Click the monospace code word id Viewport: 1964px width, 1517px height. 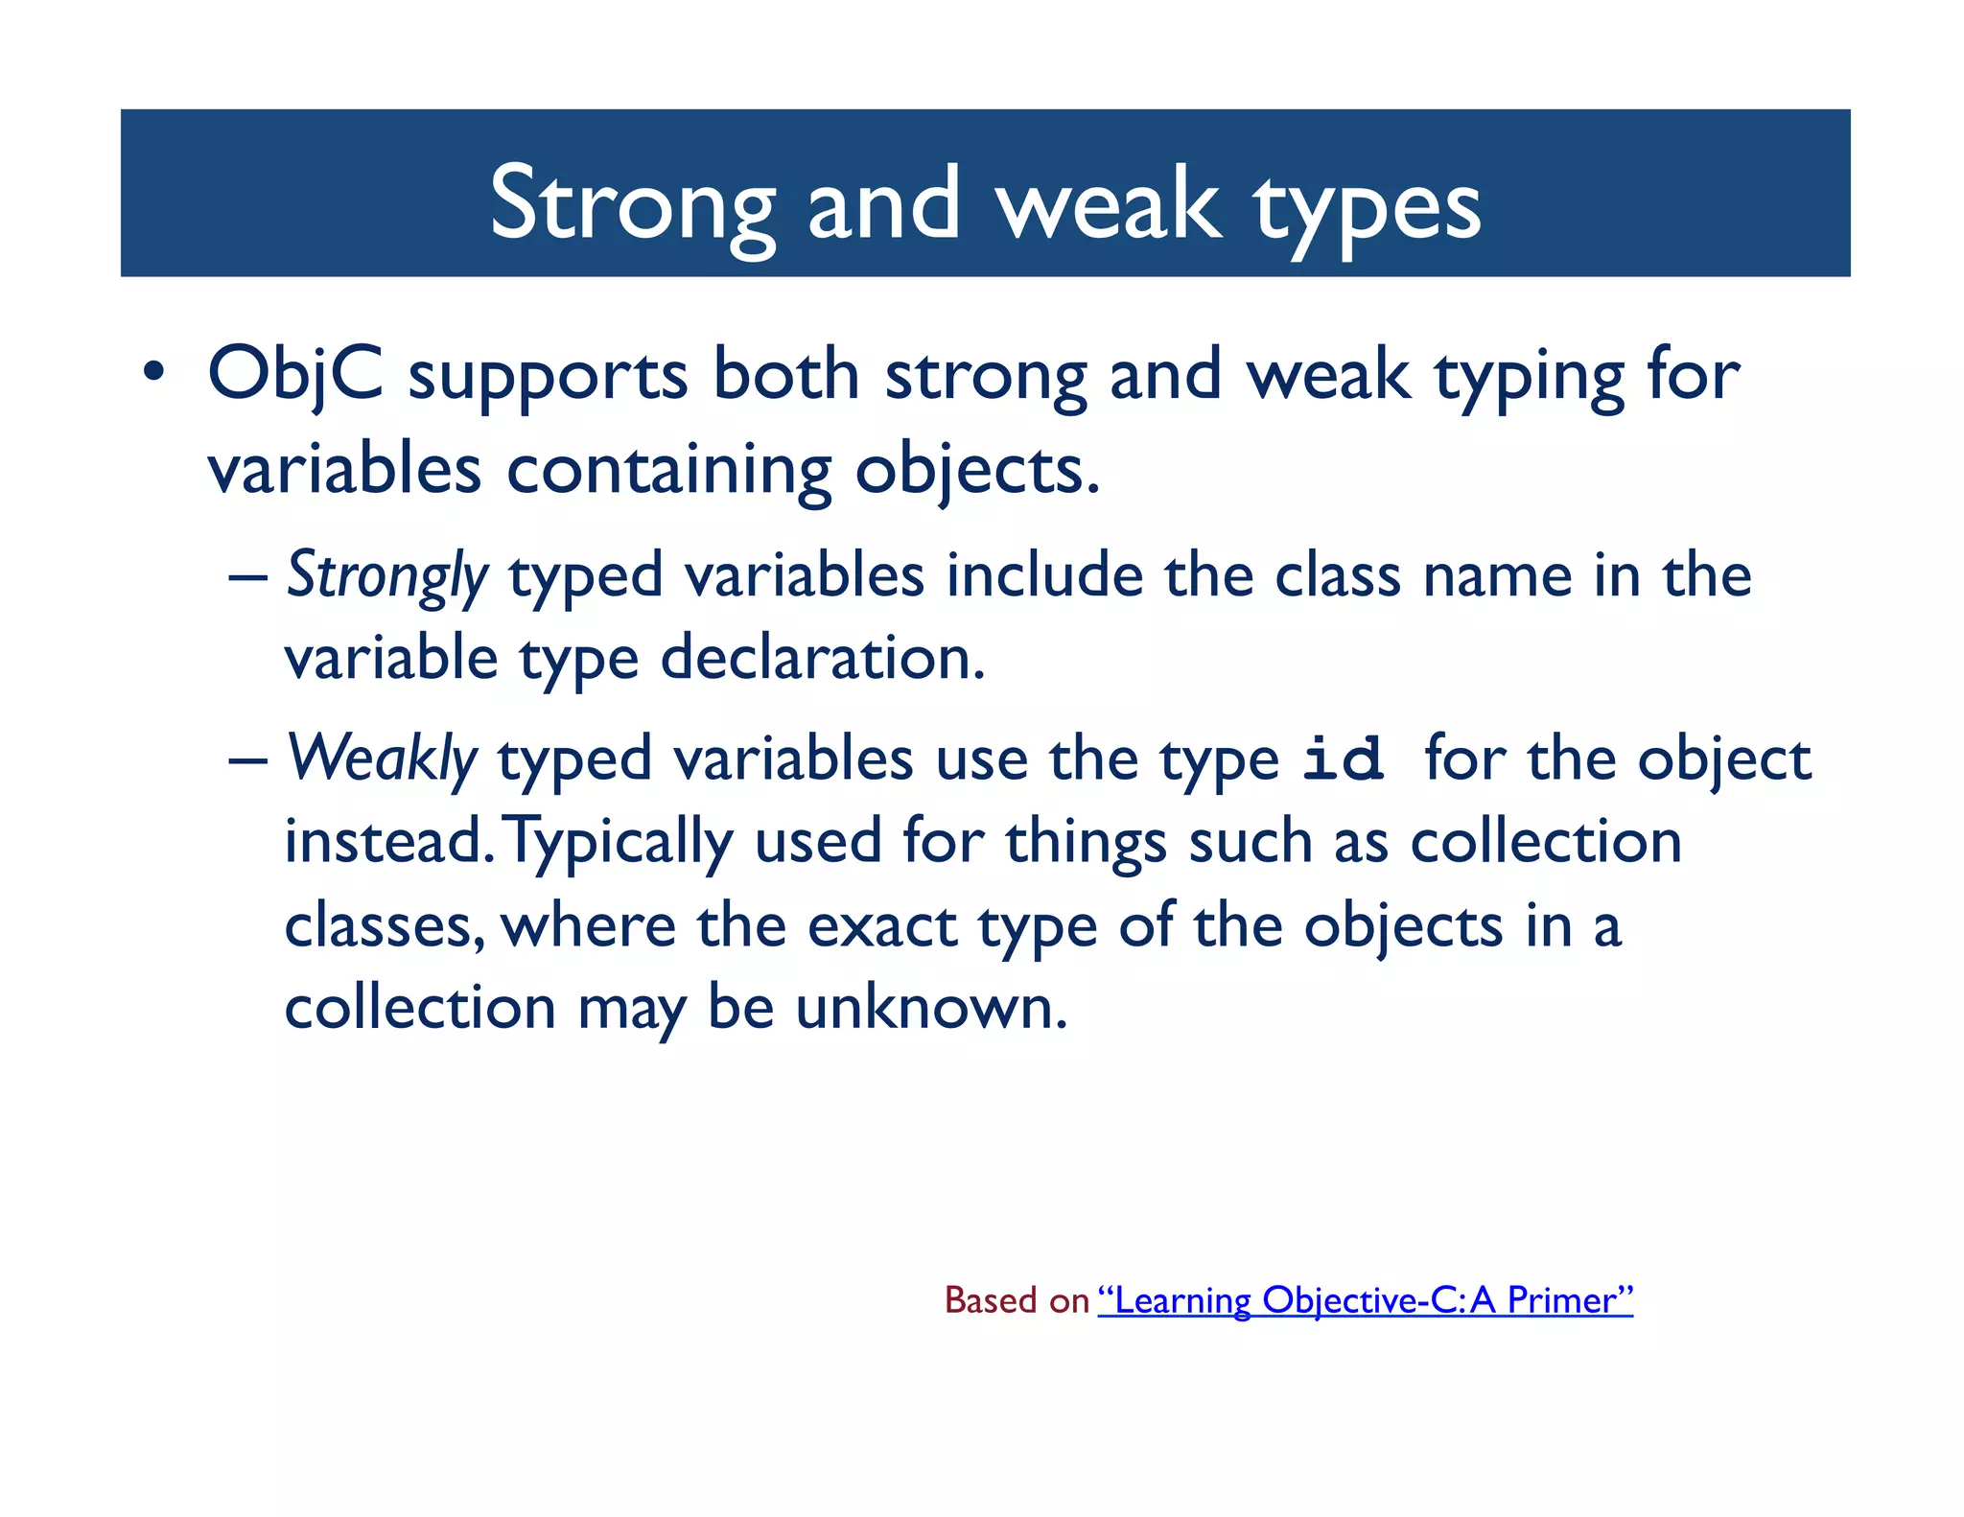pos(1343,759)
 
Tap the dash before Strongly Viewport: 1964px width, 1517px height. pos(247,579)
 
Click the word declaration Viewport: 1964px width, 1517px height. pos(822,660)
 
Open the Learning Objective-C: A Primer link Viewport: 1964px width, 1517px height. pos(1365,1300)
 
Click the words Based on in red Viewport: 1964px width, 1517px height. pos(1017,1300)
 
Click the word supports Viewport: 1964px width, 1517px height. pos(548,376)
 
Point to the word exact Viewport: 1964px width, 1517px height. pos(881,927)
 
